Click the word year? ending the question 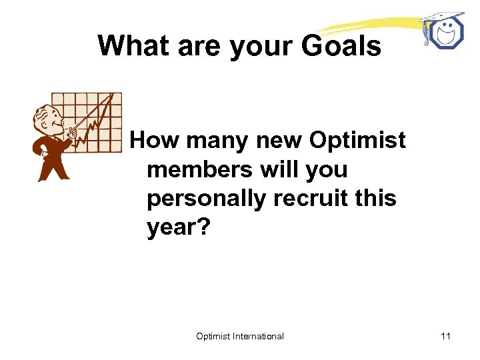[178, 228]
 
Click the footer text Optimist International [240, 336]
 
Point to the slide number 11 [445, 336]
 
